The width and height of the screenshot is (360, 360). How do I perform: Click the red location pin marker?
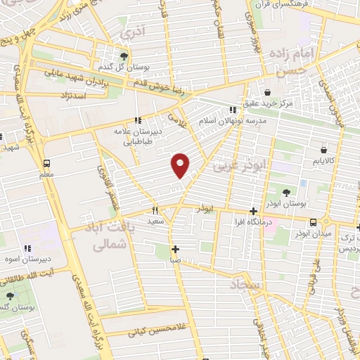181,165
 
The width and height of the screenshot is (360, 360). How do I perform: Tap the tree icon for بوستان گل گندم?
124,57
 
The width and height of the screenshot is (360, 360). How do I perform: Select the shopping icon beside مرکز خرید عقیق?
267,92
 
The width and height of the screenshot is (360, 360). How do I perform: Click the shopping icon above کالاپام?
323,149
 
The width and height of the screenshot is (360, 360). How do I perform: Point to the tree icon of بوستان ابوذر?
286,192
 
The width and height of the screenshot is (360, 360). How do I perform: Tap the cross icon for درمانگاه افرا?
254,211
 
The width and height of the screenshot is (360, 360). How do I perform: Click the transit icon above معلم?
46,162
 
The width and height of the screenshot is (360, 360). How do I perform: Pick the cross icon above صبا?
175,249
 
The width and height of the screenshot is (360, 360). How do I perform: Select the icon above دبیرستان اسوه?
28,248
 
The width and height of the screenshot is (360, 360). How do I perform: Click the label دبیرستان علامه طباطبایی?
139,136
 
